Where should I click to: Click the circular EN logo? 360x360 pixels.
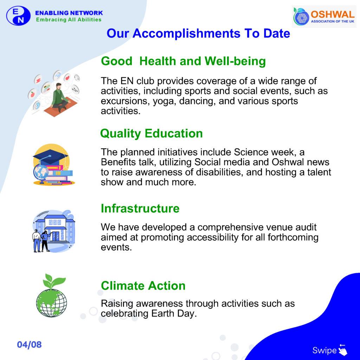click(x=18, y=15)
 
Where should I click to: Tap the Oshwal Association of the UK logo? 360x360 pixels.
click(x=324, y=17)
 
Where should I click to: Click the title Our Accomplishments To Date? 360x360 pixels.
click(x=198, y=33)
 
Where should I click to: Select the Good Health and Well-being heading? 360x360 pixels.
click(x=183, y=61)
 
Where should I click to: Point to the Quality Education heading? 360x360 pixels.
click(x=151, y=134)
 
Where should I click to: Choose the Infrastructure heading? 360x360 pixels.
click(x=140, y=208)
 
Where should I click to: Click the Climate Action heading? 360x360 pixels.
click(x=143, y=286)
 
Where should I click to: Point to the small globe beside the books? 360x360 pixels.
click(x=41, y=173)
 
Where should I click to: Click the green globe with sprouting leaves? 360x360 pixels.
click(x=52, y=296)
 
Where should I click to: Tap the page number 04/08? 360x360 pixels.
click(x=30, y=345)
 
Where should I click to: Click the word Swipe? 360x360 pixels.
click(x=324, y=351)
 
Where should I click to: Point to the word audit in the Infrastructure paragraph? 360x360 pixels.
click(x=306, y=227)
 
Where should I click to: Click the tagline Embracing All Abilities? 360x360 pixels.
click(x=69, y=20)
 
